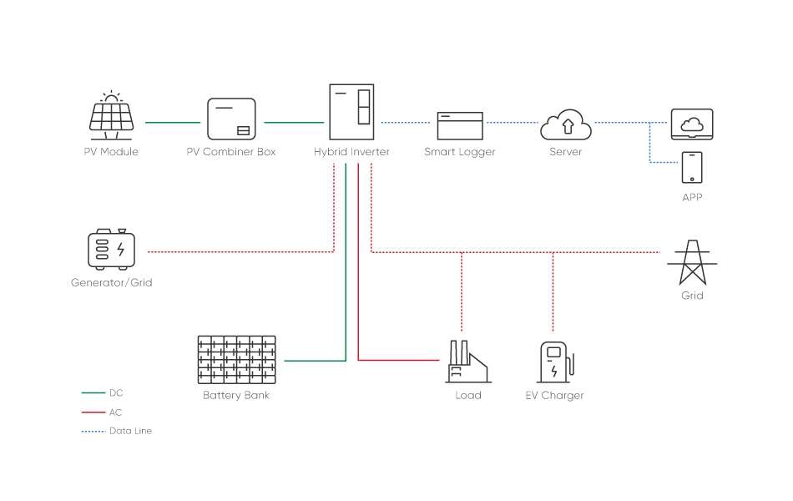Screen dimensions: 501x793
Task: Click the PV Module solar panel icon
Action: coord(112,116)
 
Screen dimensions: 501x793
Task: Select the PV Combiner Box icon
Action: coord(231,119)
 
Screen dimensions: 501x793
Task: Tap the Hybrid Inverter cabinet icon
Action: coord(351,112)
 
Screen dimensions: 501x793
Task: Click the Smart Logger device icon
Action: coord(460,126)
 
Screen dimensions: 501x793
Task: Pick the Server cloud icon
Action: coord(566,124)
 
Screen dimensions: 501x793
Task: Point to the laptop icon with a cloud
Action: coord(692,124)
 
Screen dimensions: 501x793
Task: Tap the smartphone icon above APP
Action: coord(692,167)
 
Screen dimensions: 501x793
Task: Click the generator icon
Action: coord(112,248)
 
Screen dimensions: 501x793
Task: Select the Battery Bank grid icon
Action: coord(237,360)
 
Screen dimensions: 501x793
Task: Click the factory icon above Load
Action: coord(468,362)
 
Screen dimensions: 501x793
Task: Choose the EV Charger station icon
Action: coord(554,362)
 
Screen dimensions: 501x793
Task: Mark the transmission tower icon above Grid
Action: coord(692,262)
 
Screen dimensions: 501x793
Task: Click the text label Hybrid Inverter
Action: coord(351,152)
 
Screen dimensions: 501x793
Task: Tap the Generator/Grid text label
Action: coord(112,283)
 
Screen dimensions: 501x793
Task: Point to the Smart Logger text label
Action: coord(460,152)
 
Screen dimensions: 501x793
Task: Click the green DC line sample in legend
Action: coord(93,392)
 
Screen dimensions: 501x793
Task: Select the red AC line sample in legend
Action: coord(93,412)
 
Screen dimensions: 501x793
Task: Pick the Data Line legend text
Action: coord(130,432)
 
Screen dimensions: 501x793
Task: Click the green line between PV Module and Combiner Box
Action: coord(173,123)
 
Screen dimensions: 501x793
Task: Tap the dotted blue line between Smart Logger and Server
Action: coord(512,123)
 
